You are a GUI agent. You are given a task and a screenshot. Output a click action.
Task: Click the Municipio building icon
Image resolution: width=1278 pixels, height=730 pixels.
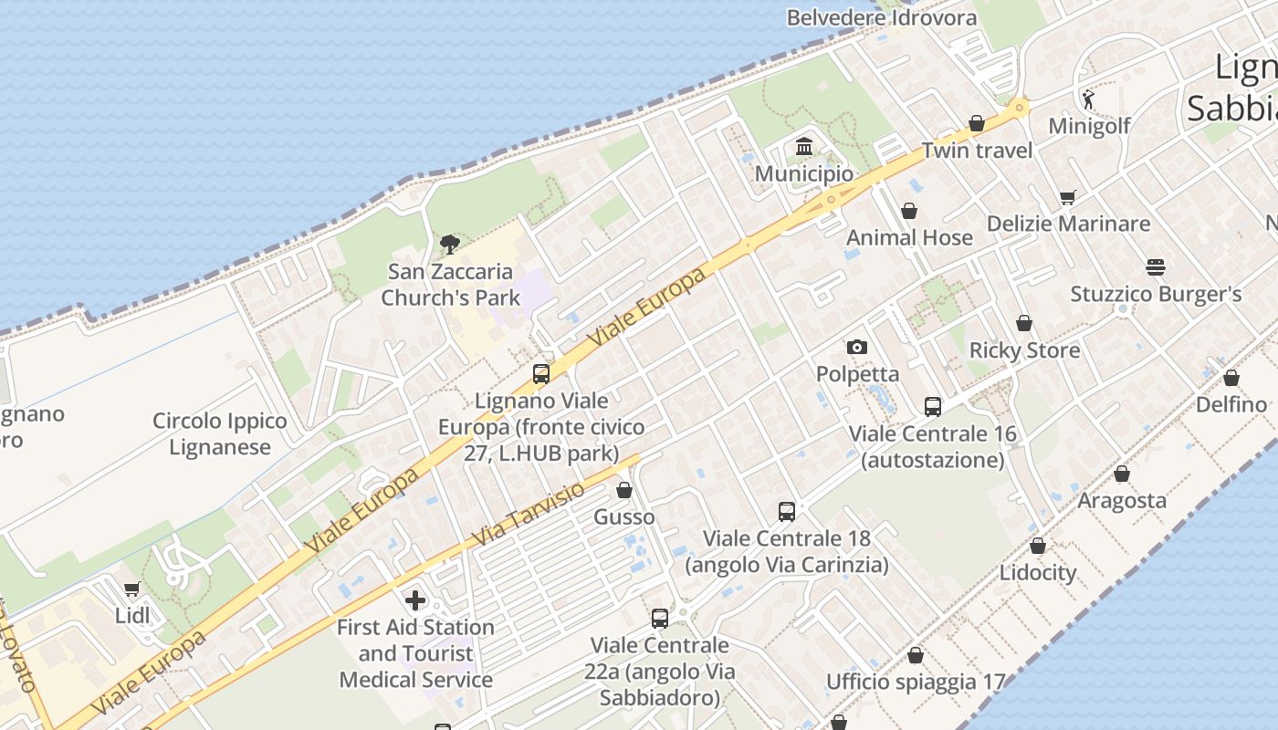pyautogui.click(x=804, y=146)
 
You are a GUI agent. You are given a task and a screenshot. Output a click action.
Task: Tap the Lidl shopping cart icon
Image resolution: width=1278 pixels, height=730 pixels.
pyautogui.click(x=132, y=589)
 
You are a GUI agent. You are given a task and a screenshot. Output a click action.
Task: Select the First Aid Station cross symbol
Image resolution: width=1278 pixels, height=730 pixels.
pyautogui.click(x=415, y=600)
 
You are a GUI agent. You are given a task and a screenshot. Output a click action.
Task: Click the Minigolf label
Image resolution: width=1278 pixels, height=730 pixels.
pyautogui.click(x=1089, y=126)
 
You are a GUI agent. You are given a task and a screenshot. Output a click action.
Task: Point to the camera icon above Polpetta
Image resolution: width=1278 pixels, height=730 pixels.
pyautogui.click(x=856, y=347)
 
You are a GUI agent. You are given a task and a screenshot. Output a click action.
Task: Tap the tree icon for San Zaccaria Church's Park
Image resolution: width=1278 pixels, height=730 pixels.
pyautogui.click(x=449, y=244)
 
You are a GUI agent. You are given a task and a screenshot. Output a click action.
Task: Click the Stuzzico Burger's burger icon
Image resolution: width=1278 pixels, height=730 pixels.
pyautogui.click(x=1156, y=267)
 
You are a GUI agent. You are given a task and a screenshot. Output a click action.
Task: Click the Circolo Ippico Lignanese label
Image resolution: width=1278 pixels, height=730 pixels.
pyautogui.click(x=219, y=434)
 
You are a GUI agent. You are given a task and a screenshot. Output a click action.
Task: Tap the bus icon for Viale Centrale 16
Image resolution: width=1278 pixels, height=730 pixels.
pyautogui.click(x=932, y=407)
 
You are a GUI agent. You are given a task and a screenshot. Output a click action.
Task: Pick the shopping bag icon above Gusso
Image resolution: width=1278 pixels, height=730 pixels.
pyautogui.click(x=624, y=490)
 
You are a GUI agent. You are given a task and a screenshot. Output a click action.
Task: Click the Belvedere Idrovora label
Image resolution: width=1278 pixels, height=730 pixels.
pyautogui.click(x=881, y=17)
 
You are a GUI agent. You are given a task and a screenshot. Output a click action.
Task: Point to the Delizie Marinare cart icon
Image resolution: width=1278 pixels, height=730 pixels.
pyautogui.click(x=1068, y=197)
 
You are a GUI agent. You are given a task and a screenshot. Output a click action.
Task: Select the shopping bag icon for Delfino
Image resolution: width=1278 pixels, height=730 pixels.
pyautogui.click(x=1231, y=378)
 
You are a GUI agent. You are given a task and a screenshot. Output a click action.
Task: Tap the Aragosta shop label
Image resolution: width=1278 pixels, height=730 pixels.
pyautogui.click(x=1122, y=500)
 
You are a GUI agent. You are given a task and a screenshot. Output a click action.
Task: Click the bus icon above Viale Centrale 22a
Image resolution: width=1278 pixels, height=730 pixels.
pyautogui.click(x=659, y=619)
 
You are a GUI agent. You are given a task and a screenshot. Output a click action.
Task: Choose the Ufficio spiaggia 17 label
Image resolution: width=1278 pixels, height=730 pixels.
pyautogui.click(x=915, y=682)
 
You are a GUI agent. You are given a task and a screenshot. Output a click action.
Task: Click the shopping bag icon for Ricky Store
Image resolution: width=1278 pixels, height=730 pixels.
pyautogui.click(x=1024, y=323)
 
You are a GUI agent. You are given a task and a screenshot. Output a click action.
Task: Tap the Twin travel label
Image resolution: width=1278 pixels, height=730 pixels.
pyautogui.click(x=977, y=151)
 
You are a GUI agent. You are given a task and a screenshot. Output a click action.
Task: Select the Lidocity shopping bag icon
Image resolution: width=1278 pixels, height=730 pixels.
pyautogui.click(x=1038, y=546)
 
